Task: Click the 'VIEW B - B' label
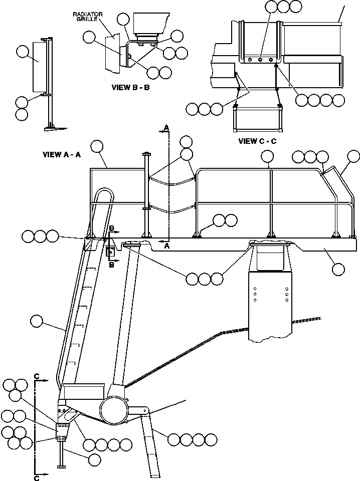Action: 130,87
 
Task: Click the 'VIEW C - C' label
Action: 257,141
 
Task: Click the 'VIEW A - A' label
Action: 62,155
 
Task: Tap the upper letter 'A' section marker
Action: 165,129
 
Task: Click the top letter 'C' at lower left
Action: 37,375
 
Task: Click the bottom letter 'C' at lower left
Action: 37,478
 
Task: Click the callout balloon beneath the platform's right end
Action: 338,269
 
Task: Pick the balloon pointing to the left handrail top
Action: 96,146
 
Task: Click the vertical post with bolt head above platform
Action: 146,195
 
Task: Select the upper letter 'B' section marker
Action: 112,228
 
